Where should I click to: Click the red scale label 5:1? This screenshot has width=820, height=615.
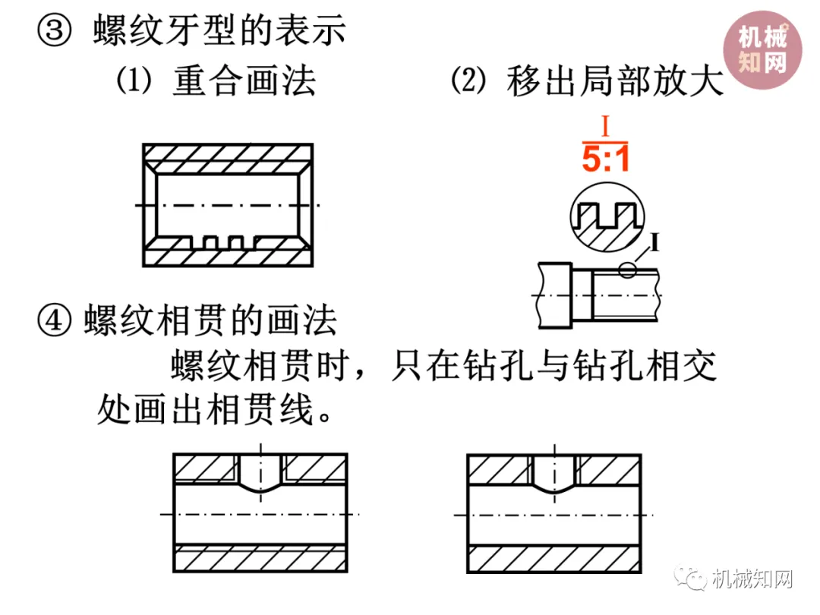coord(605,158)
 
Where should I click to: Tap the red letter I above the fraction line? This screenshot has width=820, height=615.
coord(605,124)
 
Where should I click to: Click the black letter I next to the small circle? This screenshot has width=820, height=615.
coord(654,244)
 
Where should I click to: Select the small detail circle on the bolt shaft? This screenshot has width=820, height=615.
coord(627,270)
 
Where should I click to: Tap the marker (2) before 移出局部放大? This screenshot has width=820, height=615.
coord(468,80)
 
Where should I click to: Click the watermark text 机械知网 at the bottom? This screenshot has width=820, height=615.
coord(753,580)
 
